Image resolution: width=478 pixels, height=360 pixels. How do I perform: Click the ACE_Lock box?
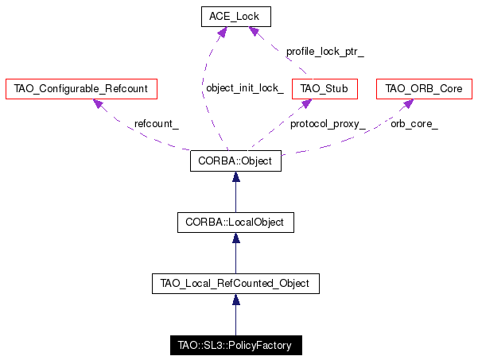[236, 17]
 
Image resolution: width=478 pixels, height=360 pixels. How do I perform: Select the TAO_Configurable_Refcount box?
[81, 89]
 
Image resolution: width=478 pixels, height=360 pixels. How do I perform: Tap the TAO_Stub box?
[324, 89]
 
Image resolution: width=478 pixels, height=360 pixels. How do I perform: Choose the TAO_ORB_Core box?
[424, 89]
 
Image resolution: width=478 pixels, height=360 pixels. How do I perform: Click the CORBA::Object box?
[235, 161]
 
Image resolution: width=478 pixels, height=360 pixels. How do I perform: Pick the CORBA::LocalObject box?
[235, 223]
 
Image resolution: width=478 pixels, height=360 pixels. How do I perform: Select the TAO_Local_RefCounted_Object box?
[235, 284]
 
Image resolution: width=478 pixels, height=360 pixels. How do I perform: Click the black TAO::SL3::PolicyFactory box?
[236, 346]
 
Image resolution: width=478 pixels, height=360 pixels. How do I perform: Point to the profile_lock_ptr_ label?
[325, 52]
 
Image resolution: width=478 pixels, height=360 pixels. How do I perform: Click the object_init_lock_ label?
[245, 88]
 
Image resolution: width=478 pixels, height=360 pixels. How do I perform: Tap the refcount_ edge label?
[157, 124]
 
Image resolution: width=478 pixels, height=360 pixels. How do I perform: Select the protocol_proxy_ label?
[328, 124]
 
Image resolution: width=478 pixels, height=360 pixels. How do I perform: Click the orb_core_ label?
[414, 124]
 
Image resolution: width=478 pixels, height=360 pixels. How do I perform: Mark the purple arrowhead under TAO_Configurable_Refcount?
[99, 104]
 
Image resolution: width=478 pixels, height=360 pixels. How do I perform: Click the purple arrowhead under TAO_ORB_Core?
[408, 103]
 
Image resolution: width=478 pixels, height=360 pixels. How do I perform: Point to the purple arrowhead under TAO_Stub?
[305, 104]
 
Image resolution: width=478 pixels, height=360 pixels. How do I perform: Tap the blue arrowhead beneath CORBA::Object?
[236, 176]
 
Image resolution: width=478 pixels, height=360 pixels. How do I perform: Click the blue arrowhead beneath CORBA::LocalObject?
[236, 238]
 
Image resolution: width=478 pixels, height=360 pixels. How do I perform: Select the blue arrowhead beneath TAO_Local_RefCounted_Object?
[236, 300]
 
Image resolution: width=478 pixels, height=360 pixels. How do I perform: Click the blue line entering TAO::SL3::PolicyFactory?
[236, 320]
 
